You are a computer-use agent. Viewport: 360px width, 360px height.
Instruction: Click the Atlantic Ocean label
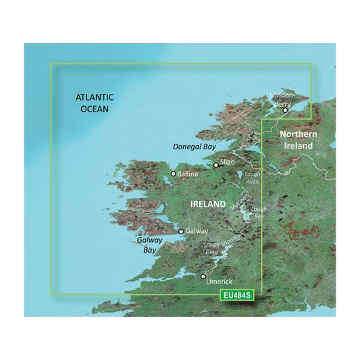[93, 103]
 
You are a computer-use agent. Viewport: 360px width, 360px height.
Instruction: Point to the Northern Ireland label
[298, 140]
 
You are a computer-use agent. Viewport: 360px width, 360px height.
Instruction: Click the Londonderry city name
[282, 99]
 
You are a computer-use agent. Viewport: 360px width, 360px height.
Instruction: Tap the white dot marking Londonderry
[286, 111]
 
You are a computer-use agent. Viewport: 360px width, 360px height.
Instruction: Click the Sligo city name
[227, 163]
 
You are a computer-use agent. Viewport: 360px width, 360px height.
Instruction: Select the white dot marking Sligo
[216, 165]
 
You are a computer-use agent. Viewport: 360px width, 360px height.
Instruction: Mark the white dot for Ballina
[174, 174]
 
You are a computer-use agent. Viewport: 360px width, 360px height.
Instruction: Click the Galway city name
[197, 231]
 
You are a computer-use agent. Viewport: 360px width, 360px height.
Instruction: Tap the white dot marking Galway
[181, 231]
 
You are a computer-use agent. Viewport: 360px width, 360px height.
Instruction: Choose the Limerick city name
[220, 280]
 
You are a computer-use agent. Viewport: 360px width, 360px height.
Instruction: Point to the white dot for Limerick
[203, 276]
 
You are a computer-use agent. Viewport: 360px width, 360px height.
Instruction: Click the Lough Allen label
[251, 178]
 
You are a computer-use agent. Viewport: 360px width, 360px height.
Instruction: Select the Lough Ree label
[259, 213]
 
